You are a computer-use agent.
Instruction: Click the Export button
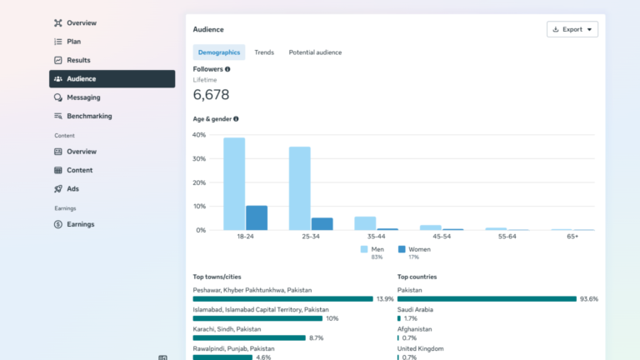pos(572,29)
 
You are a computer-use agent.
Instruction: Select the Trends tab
pos(264,52)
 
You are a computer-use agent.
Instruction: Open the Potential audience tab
pos(315,52)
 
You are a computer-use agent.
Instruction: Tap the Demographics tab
pos(219,52)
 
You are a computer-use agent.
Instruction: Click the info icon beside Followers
pos(227,69)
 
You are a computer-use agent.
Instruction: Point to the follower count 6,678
pos(211,95)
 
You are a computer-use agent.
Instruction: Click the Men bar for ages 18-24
pos(234,184)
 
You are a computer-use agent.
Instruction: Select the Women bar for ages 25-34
pos(322,224)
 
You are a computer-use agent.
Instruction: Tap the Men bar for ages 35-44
pos(365,223)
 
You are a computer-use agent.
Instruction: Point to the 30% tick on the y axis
pos(199,159)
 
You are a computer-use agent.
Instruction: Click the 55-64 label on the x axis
pos(507,237)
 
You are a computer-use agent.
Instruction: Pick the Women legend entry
pos(414,249)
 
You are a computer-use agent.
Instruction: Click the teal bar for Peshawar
pos(282,299)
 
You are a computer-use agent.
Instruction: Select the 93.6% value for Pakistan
pos(589,299)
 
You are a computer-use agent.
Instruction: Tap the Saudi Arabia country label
pos(415,310)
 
